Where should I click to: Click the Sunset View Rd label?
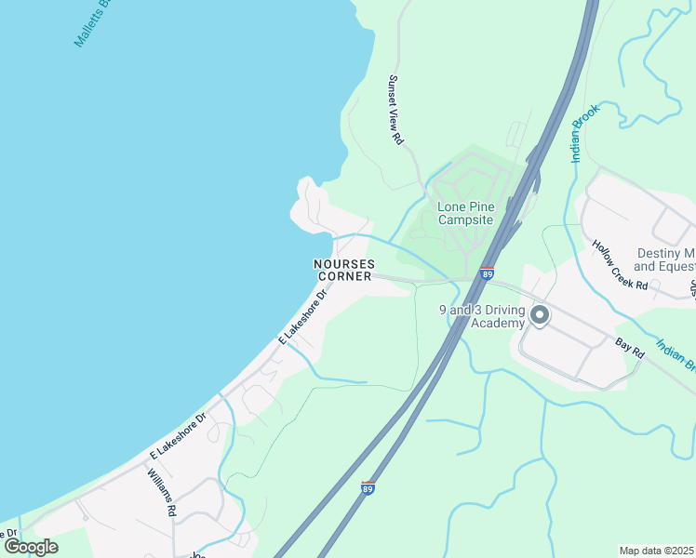tap(395, 110)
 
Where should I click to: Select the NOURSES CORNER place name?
tap(344, 270)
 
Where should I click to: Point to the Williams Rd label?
tap(161, 492)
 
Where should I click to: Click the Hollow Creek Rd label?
tap(620, 265)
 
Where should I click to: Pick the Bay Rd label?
tap(630, 350)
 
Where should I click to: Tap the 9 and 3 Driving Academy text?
tap(483, 316)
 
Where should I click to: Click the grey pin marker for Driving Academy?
tap(540, 317)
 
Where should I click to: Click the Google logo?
tap(31, 547)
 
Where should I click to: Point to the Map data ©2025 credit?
tap(656, 551)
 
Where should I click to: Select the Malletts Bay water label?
tap(92, 24)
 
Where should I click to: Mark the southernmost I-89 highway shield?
tap(368, 487)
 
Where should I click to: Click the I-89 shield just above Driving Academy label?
tap(487, 273)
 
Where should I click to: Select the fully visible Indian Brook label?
tap(587, 133)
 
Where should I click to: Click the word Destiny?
tap(660, 253)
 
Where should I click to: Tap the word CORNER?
tap(345, 276)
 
